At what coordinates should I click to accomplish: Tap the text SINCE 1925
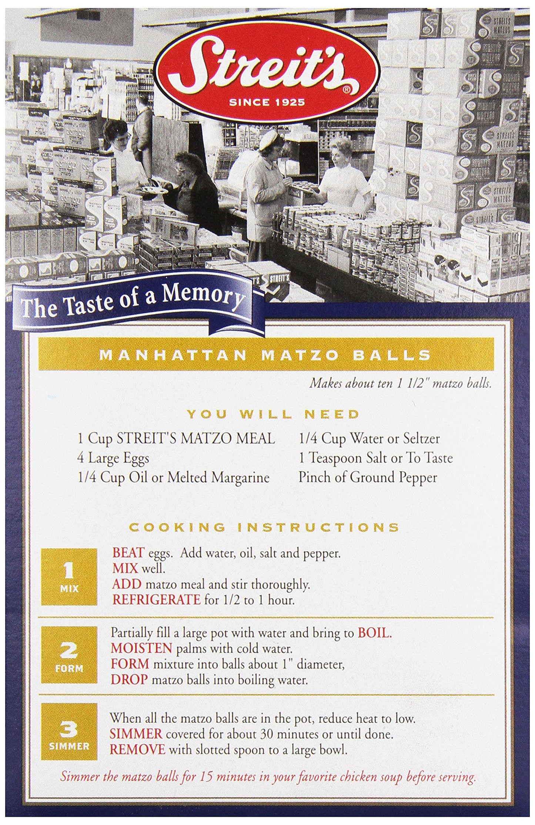pos(267,102)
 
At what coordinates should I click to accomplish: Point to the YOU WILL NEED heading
pos(273,414)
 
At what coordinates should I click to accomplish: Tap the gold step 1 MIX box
pos(69,576)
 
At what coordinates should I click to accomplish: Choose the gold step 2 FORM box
pos(69,655)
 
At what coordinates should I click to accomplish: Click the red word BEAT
pos(128,553)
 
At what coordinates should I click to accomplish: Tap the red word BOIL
pos(374,633)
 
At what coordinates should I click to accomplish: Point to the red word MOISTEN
pos(141,649)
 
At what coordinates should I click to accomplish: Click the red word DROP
pos(129,680)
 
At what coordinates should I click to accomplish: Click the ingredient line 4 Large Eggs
pos(113,459)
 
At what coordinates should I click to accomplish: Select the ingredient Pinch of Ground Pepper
pos(368,478)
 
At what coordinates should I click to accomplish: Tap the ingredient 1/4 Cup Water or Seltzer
pos(369,439)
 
